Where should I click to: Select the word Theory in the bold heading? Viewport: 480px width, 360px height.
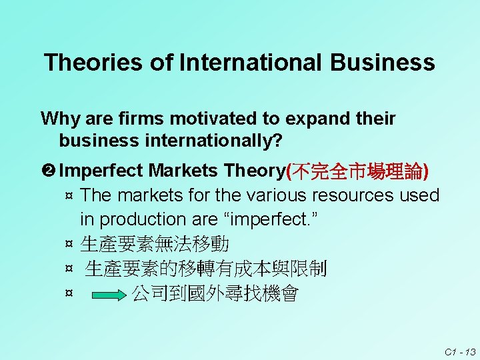point(255,171)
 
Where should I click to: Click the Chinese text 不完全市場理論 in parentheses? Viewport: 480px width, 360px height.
point(357,171)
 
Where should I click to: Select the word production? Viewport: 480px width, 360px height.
point(147,219)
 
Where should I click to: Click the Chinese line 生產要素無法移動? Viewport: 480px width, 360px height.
point(155,244)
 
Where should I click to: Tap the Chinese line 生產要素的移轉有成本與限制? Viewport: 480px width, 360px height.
point(206,269)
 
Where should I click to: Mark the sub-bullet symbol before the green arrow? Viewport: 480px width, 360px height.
point(68,294)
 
